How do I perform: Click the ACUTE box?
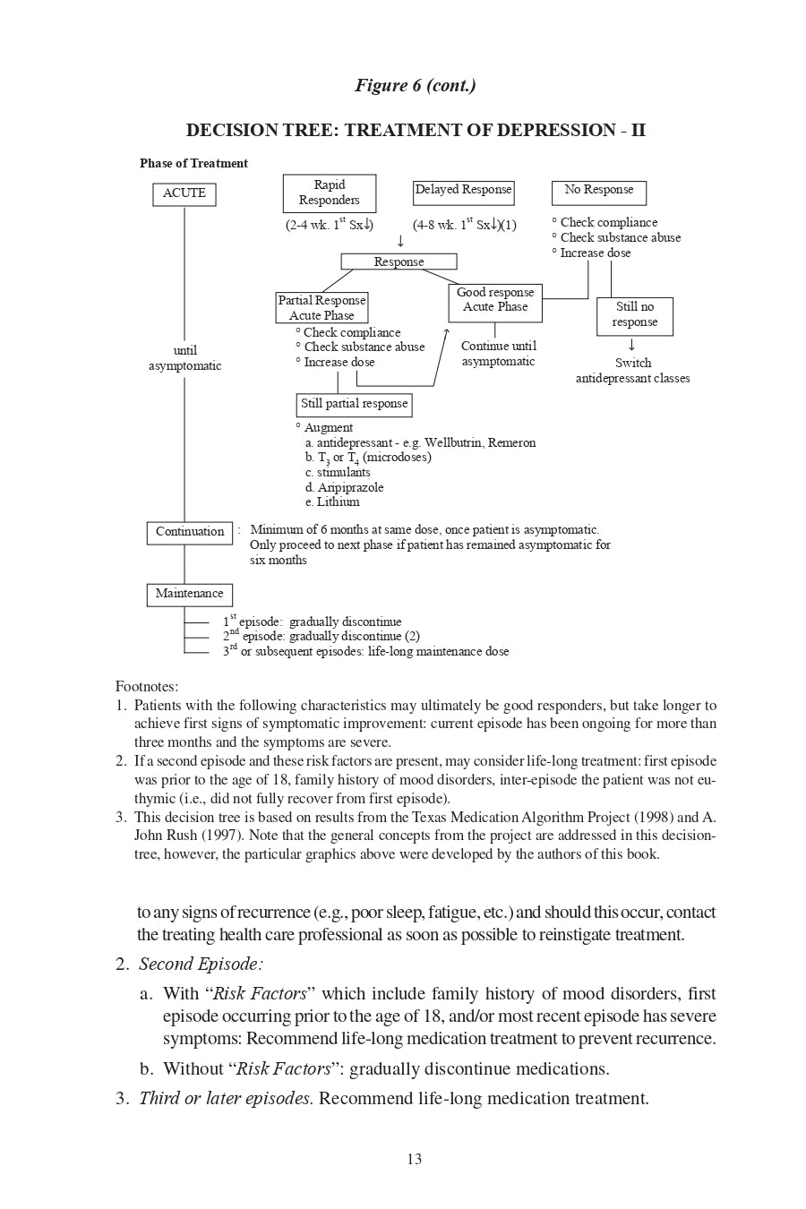tap(184, 193)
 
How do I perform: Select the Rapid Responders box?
tap(329, 193)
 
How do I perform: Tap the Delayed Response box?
tap(463, 191)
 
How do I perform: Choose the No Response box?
tap(598, 191)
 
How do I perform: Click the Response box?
tap(399, 262)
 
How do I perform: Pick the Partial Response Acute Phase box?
tap(322, 307)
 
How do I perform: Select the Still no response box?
tap(634, 315)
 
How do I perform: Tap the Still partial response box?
tap(354, 404)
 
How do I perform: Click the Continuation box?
tap(189, 532)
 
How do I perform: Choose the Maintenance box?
tap(189, 594)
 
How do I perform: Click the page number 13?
tap(414, 1159)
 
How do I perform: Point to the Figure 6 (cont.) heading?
tap(415, 86)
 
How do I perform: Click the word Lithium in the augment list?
tap(338, 502)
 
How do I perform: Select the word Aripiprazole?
tap(350, 487)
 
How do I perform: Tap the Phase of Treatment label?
tap(193, 163)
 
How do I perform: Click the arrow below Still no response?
tap(632, 345)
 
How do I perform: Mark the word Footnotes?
tap(146, 687)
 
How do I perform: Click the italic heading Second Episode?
tap(201, 965)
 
